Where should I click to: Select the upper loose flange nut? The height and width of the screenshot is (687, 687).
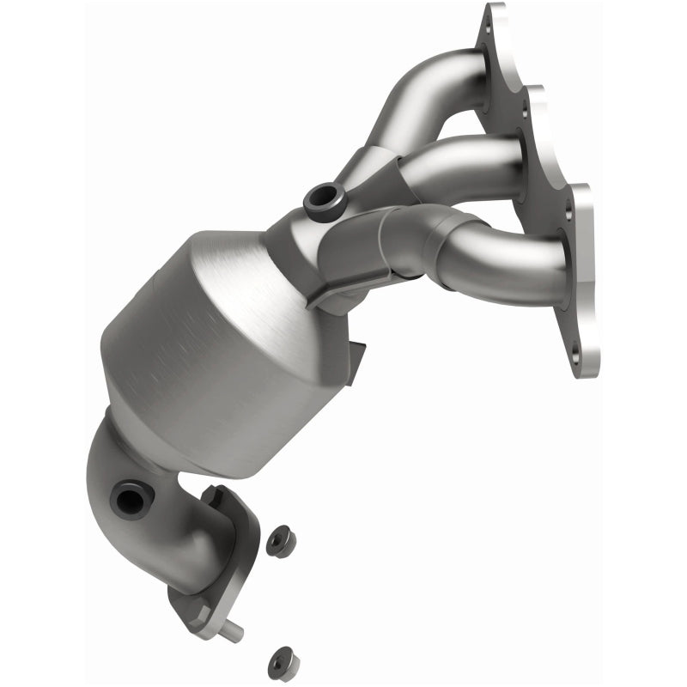click(x=280, y=542)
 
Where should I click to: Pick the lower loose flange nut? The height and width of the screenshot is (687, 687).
click(x=279, y=660)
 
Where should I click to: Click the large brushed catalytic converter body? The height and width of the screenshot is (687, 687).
click(x=215, y=343)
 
